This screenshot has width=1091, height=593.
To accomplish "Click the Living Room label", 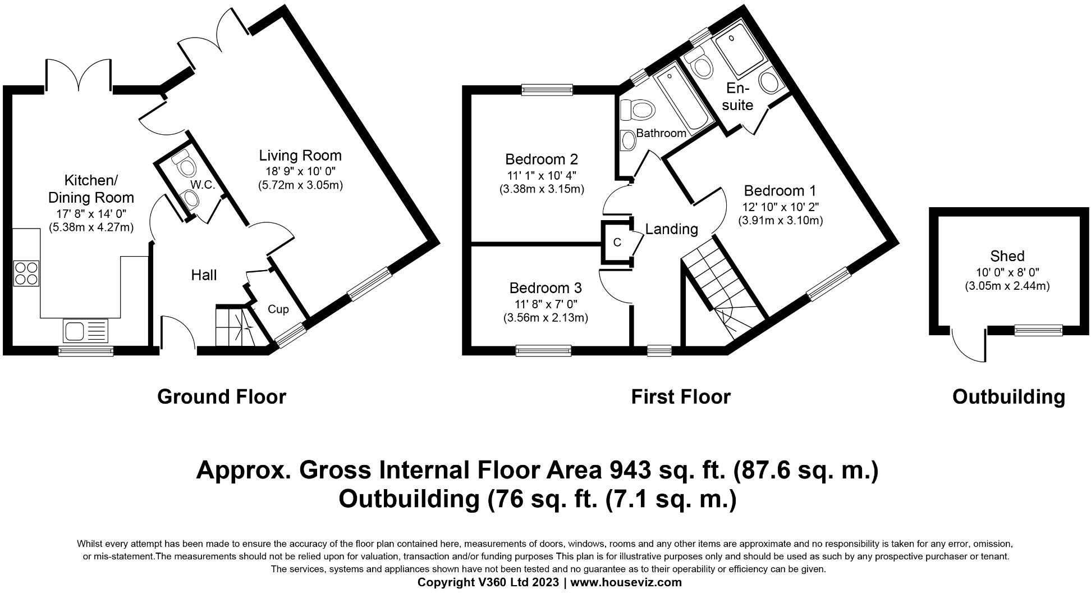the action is click(300, 155).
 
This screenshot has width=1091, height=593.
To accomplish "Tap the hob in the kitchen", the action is click(26, 273).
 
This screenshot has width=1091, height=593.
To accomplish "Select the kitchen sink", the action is click(85, 330).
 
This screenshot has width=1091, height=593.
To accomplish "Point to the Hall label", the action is click(204, 275).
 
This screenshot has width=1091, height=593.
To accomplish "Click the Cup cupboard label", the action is click(278, 309).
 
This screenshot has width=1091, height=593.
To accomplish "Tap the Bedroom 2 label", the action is click(542, 159).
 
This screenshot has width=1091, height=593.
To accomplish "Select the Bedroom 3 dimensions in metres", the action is click(545, 318).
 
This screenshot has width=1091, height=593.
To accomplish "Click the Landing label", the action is click(672, 229).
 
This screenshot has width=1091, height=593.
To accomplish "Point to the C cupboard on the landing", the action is click(617, 243).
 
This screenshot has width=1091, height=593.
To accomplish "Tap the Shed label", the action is click(1007, 256).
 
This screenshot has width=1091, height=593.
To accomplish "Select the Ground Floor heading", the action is click(222, 397).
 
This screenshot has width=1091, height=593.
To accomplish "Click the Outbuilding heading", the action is click(1009, 397).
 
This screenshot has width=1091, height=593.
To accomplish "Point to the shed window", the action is click(1038, 331).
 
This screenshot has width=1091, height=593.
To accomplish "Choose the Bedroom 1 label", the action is click(780, 190).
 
